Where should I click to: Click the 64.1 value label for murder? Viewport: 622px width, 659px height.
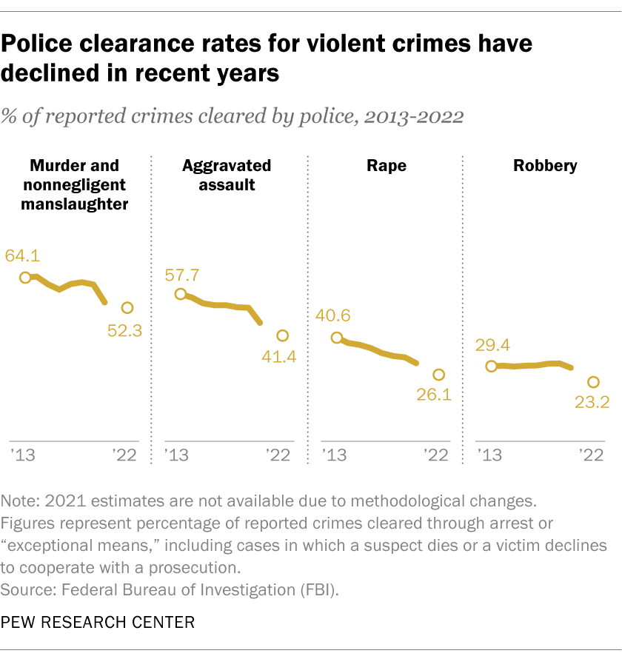(23, 256)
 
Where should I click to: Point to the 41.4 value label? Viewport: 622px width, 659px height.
(278, 358)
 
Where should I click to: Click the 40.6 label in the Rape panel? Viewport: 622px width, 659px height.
(333, 316)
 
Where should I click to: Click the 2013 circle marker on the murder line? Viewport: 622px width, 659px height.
(25, 277)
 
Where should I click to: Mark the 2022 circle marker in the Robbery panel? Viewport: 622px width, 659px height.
(593, 382)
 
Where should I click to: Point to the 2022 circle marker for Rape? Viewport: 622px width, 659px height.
(438, 375)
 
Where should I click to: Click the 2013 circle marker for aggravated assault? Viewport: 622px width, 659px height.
(180, 294)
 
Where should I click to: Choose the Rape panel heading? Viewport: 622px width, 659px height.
(386, 166)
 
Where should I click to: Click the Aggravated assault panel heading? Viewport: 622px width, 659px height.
(227, 175)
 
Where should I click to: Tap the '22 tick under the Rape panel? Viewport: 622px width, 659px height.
(434, 455)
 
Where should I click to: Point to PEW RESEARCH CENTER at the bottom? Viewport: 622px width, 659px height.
(98, 623)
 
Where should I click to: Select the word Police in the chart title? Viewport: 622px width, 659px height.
(41, 44)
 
